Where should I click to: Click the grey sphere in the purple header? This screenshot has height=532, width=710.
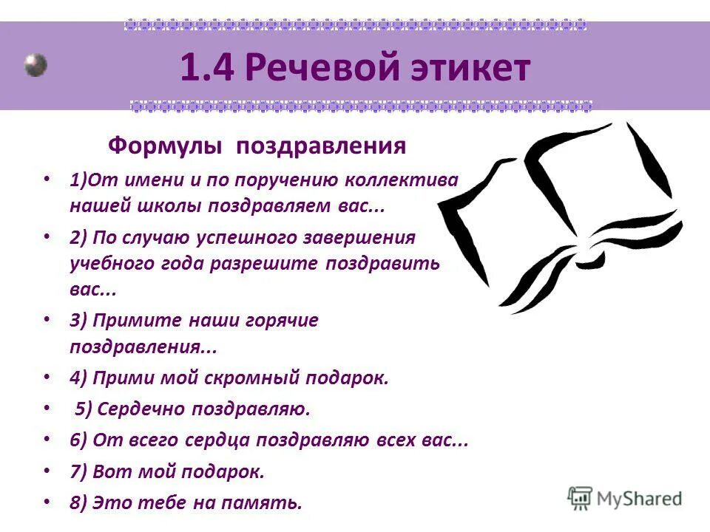tap(35, 65)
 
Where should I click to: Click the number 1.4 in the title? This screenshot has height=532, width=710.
tap(206, 69)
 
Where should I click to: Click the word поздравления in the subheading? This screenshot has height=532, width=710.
tap(322, 146)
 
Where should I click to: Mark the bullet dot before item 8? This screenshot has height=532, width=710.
tap(47, 501)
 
